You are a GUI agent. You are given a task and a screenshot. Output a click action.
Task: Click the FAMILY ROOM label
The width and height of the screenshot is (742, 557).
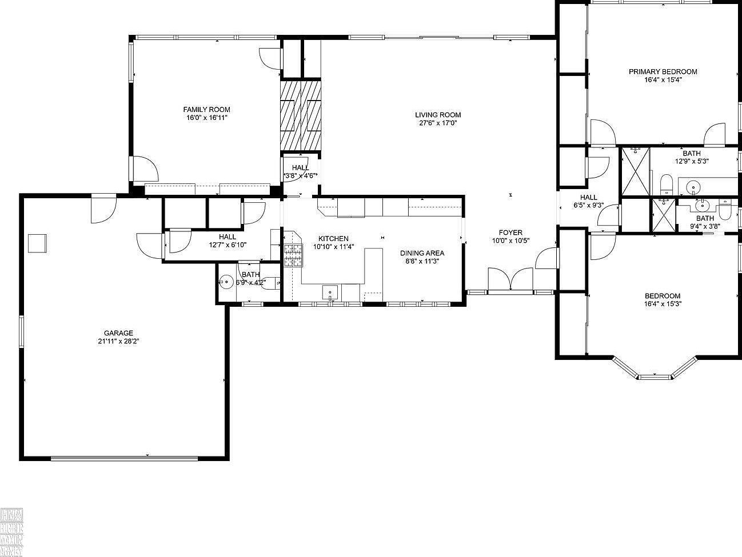coord(206,110)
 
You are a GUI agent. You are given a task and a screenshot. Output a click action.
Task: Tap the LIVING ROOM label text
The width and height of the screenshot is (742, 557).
coord(438,115)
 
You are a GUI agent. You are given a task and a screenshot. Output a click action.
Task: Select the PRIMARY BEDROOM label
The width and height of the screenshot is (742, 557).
coord(663,72)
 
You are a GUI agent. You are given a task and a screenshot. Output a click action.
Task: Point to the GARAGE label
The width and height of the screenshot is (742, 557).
coord(118,333)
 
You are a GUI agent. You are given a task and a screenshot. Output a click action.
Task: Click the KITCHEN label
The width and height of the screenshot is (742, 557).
coord(333,239)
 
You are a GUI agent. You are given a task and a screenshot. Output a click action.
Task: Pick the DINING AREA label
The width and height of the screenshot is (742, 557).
coord(422,253)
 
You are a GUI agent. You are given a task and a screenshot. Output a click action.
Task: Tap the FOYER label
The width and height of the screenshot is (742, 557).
coord(510,233)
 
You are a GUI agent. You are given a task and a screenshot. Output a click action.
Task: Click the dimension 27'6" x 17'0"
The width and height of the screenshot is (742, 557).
coord(438,123)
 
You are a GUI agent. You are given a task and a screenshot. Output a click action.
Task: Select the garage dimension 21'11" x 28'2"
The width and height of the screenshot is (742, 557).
coord(118,341)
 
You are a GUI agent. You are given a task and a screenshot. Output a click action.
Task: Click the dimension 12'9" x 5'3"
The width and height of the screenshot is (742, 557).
coord(691,161)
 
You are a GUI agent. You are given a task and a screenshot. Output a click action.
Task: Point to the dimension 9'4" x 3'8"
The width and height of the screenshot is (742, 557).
coord(705,226)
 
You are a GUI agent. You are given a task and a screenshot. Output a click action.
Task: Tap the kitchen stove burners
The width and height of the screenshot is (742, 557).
coord(293,255)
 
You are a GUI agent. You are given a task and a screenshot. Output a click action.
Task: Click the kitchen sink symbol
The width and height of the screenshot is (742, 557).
coord(330,292)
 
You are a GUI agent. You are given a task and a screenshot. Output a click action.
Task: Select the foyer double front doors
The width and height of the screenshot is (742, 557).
coord(511,280)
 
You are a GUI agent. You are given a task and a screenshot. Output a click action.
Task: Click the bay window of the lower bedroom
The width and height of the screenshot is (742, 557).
coord(655,370)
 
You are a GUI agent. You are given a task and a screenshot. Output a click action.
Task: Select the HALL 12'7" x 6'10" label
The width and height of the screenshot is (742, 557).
coord(227,241)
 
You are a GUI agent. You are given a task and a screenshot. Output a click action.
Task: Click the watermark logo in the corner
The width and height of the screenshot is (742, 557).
coord(11,531)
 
